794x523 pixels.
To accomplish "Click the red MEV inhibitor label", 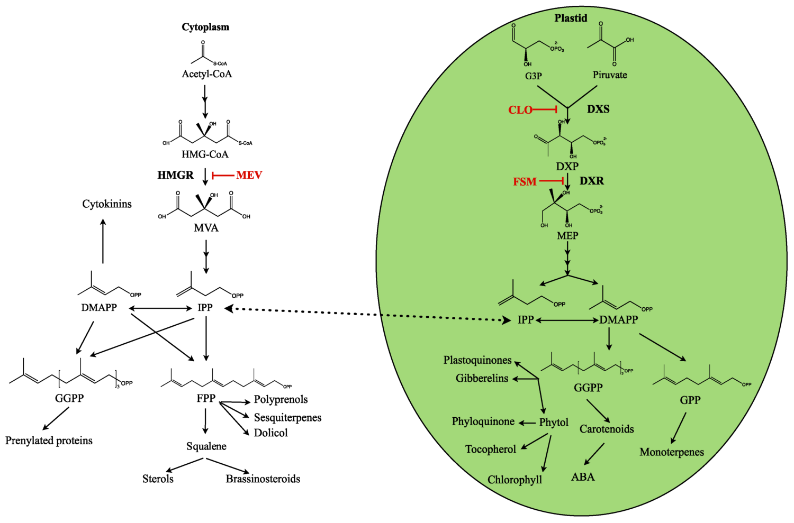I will tap(249, 175).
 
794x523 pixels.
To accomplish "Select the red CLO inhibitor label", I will tap(520, 110).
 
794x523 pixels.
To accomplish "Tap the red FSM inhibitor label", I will tap(525, 182).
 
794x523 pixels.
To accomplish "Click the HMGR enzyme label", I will tap(175, 175).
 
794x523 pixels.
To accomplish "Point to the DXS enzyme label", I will tap(598, 109).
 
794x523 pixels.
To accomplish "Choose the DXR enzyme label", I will tap(591, 181).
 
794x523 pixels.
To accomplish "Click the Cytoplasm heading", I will tap(205, 27).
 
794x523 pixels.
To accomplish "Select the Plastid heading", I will tap(571, 18).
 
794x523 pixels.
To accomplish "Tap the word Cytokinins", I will tap(107, 204).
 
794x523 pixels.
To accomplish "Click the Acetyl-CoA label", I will tap(206, 74).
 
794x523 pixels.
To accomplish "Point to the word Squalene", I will tap(206, 446).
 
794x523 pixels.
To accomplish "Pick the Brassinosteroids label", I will tap(263, 479).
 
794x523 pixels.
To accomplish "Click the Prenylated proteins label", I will tap(49, 441).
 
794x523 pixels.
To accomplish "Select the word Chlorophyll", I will tap(515, 480).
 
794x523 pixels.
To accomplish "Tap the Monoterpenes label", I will tap(671, 452).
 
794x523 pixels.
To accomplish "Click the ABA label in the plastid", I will tap(583, 477).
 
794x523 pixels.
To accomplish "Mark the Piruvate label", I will tap(609, 75).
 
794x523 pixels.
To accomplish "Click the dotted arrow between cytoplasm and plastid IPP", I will tap(365, 314).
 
